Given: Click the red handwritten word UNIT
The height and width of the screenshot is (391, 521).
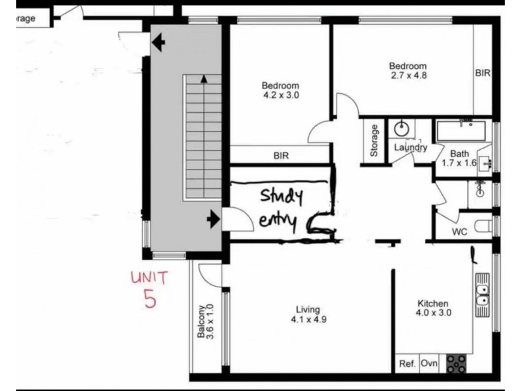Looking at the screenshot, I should tap(149, 278).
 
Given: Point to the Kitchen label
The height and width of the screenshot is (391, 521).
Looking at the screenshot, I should tap(433, 303).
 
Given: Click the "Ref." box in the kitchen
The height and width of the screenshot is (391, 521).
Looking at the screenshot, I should tap(407, 363).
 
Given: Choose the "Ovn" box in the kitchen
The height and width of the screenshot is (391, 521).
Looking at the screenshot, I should tap(429, 363).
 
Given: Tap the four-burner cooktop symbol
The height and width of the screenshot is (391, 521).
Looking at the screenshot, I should tap(456, 363).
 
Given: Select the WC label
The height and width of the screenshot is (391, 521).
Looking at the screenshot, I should tap(460, 232).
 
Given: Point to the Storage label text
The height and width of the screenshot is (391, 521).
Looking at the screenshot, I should tap(374, 140).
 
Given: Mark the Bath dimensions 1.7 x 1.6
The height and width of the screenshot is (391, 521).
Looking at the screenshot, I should tap(460, 163).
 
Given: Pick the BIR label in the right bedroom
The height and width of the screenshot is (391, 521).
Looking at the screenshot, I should tap(483, 74).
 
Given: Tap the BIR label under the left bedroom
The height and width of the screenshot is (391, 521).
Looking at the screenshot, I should tap(281, 156).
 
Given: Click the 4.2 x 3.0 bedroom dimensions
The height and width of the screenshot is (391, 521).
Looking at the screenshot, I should tap(280, 95).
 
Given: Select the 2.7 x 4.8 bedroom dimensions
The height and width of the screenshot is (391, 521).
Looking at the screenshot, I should tap(408, 75).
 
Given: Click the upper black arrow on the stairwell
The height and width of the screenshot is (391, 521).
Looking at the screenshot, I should tap(158, 44).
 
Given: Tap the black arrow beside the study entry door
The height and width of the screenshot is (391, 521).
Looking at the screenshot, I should tap(213, 220).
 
